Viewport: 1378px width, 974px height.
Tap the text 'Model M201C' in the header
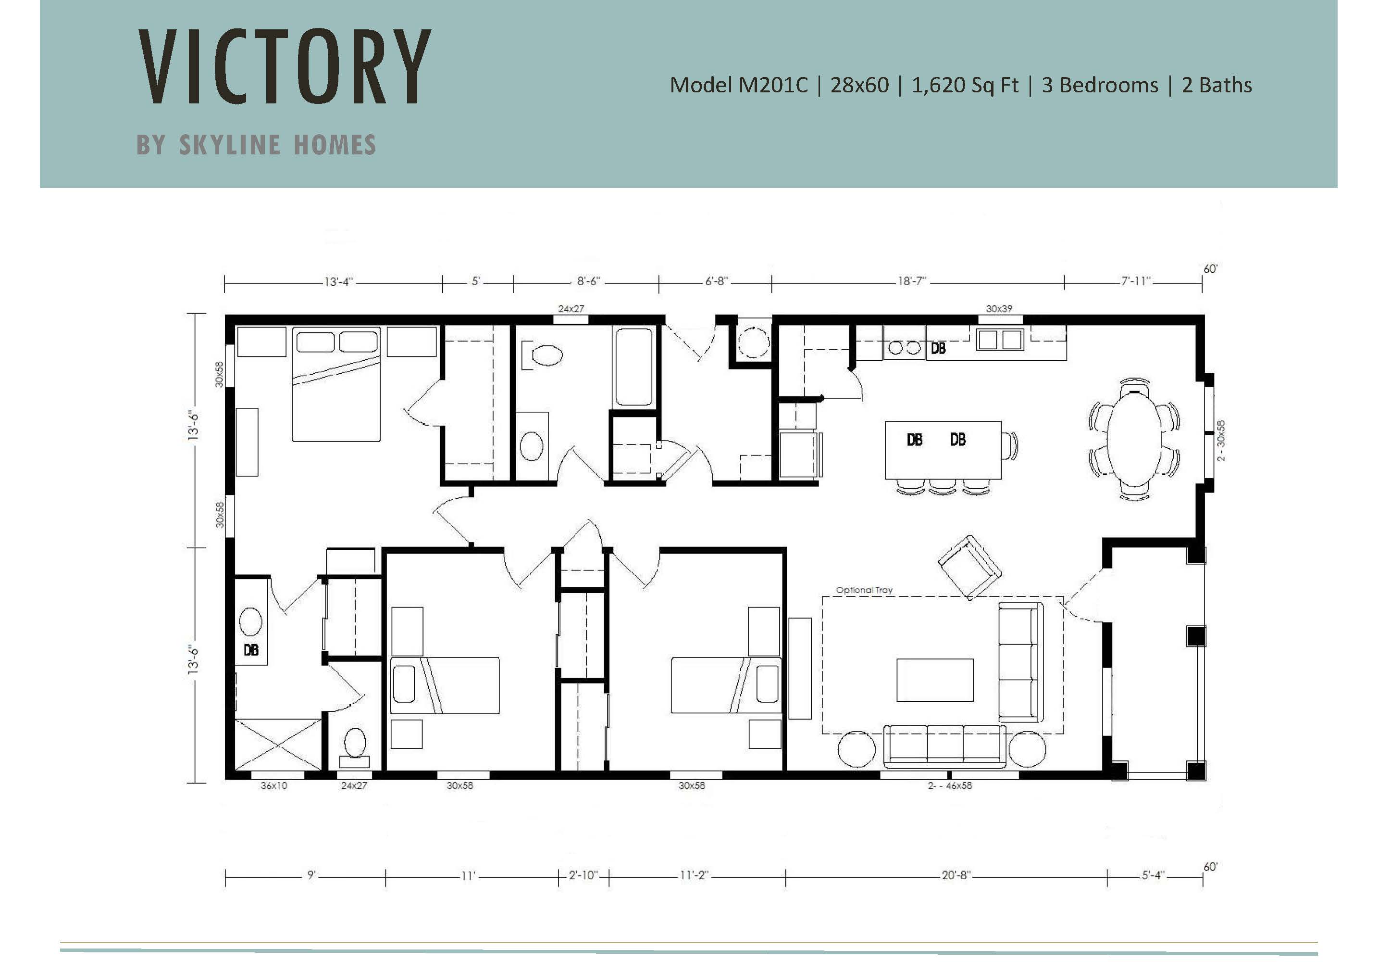point(738,85)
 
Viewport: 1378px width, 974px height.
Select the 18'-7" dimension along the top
point(912,281)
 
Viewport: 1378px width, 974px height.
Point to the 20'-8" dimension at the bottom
point(956,875)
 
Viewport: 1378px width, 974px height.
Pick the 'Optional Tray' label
point(864,590)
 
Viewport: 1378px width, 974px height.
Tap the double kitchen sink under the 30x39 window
point(999,340)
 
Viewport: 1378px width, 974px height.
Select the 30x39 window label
point(999,309)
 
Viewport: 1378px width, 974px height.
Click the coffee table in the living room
point(934,680)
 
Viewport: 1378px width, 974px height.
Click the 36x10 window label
point(273,785)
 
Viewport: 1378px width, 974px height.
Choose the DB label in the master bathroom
point(251,650)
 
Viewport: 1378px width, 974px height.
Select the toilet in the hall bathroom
point(542,355)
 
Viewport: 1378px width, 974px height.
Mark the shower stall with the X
point(278,744)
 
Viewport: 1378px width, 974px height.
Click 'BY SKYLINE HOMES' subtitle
point(256,145)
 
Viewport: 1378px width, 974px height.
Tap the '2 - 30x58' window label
point(1221,440)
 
